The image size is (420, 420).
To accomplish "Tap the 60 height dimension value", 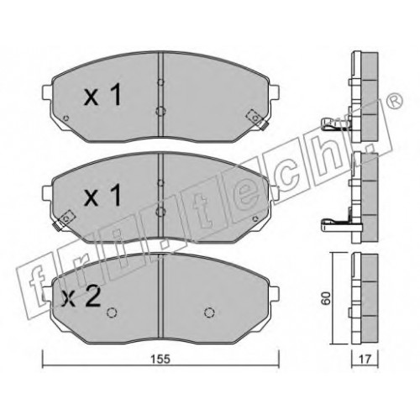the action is (x=327, y=298).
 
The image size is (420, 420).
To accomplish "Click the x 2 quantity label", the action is (x=81, y=297).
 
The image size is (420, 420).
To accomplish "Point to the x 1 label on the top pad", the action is (x=102, y=95).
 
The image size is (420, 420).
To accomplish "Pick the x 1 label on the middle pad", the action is (x=102, y=195).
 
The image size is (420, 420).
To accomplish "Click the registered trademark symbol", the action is (x=396, y=100).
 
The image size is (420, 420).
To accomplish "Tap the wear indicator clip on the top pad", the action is (x=257, y=119).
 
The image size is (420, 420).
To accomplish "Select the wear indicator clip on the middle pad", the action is (x=63, y=220).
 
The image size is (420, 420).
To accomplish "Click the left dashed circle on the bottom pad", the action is (x=112, y=312).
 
